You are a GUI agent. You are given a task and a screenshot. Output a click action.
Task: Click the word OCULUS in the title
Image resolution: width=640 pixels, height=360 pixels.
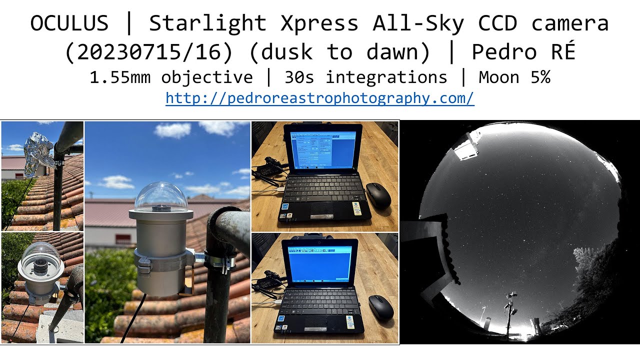[x=69, y=23]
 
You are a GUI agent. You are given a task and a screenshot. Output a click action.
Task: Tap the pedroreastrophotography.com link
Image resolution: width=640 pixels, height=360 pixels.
[x=319, y=98]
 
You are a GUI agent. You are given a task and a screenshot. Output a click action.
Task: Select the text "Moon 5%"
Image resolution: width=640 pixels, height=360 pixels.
[x=514, y=77]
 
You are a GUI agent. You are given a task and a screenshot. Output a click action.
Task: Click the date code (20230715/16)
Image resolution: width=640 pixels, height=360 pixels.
[x=152, y=51]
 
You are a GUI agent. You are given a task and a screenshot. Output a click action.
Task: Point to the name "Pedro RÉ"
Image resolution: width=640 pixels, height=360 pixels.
[x=523, y=51]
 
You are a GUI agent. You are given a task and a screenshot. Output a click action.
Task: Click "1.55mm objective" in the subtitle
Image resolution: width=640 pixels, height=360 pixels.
[x=171, y=77]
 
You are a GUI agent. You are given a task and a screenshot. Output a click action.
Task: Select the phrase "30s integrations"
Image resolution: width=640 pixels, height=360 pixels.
[x=365, y=77]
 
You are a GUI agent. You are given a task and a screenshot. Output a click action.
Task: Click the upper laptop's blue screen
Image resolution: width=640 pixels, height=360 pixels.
[x=322, y=149]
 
